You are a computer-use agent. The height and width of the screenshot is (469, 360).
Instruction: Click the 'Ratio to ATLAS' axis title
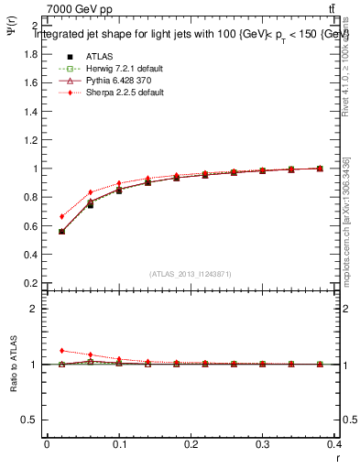coord(12,367)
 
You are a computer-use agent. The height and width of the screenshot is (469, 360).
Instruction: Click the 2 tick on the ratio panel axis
coord(36,309)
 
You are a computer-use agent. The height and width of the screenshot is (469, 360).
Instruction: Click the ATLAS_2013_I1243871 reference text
coord(191,274)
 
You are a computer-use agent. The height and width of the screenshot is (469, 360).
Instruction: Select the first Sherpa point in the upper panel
coord(61,217)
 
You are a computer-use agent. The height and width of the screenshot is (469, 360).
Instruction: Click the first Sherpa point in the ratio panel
coord(61,350)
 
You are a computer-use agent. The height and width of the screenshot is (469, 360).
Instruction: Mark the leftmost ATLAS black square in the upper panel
coord(61,232)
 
